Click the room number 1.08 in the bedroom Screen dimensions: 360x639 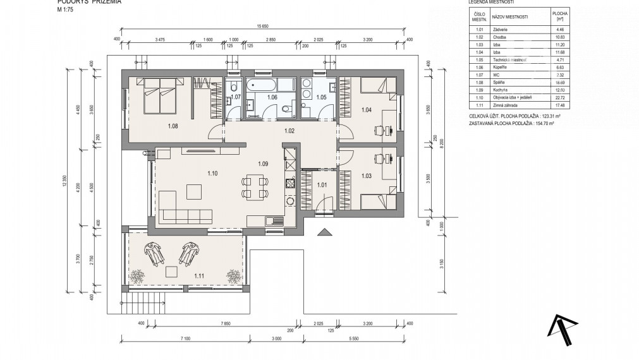pyautogui.click(x=173, y=126)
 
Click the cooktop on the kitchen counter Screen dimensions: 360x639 pyautogui.click(x=291, y=184)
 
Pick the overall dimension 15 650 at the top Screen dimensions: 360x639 pyautogui.click(x=263, y=26)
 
